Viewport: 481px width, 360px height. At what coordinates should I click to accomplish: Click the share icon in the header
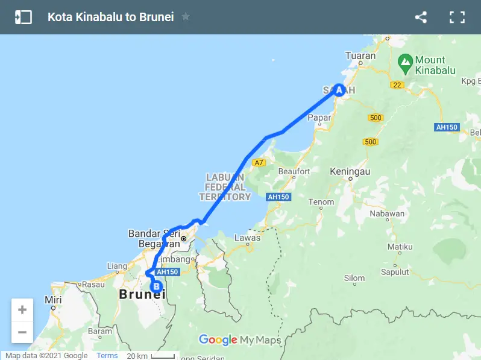(421, 17)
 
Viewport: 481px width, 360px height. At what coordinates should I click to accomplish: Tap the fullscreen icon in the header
(457, 17)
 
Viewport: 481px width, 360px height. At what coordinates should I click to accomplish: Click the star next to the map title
(186, 17)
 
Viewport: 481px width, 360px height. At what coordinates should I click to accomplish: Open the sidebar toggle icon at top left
(24, 17)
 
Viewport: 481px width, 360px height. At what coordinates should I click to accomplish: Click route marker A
(339, 90)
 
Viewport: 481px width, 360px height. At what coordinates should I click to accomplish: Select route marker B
(156, 286)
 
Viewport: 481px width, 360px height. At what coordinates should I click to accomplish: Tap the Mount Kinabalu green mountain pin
(406, 62)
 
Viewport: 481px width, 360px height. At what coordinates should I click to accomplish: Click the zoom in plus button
(22, 310)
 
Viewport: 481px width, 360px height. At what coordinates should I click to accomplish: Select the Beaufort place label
(294, 172)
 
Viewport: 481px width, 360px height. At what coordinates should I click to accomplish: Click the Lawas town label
(248, 238)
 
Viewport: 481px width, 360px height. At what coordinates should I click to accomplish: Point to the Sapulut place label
(395, 272)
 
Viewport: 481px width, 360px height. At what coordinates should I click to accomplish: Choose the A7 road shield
(259, 163)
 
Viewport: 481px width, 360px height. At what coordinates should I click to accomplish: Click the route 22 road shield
(397, 85)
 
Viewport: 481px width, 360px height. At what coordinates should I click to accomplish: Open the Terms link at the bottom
(107, 356)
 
